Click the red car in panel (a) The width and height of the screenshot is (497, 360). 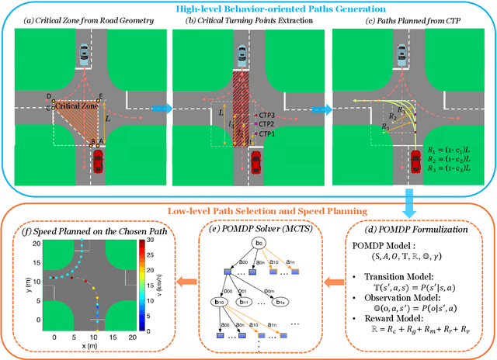tap(99, 161)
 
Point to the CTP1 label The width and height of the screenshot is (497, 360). tap(268, 133)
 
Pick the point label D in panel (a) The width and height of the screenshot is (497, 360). tap(48, 96)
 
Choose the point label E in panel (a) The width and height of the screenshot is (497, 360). tap(99, 96)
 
